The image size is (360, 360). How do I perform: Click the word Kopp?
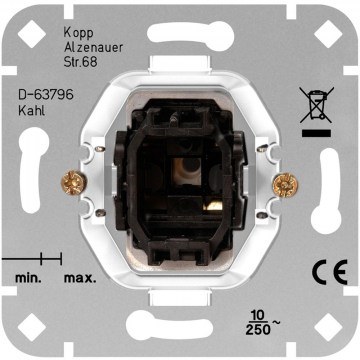coord(78,34)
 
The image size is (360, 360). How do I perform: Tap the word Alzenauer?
coord(93,48)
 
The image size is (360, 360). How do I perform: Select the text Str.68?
coord(80,62)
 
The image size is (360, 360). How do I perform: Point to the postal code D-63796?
coord(46,95)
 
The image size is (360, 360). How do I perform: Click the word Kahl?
coord(31,111)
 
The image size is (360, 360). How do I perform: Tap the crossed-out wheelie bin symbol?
coord(316,105)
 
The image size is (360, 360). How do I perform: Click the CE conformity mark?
coord(330,272)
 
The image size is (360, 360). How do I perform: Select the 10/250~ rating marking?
coord(262,323)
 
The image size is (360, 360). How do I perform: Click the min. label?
coord(28,278)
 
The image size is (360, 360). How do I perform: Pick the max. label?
coord(80,278)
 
